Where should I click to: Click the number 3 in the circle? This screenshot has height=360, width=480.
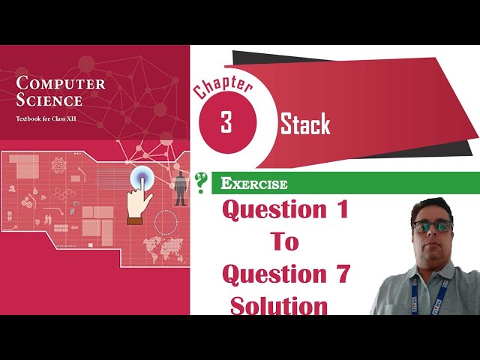tap(226, 123)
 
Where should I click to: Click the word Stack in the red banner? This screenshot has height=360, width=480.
tap(305, 124)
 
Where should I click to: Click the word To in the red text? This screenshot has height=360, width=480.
tap(284, 241)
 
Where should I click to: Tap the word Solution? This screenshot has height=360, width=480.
tap(279, 305)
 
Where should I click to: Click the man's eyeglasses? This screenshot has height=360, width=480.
tap(433, 225)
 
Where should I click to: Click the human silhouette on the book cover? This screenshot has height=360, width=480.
tap(181, 188)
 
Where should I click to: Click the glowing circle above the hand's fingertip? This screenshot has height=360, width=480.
tap(143, 178)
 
